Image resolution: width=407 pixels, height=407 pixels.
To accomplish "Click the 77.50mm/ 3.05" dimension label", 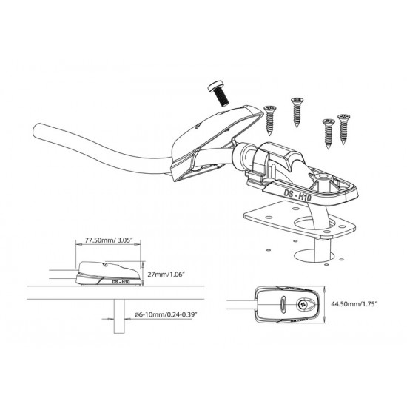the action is coord(109,240).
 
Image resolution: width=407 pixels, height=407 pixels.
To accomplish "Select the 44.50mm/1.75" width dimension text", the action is coord(354,304).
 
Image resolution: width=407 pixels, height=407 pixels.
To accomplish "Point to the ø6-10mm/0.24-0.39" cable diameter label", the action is coord(166,314).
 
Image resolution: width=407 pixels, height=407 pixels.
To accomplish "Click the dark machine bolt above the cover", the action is coord(218,93).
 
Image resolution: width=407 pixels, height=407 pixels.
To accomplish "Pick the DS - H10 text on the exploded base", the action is coord(297,195).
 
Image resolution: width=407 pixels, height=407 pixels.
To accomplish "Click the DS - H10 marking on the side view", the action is coord(121,282).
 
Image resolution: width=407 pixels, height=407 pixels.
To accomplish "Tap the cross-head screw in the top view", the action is coord(302,304).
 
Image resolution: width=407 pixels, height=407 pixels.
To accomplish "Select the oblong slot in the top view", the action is coord(283,304).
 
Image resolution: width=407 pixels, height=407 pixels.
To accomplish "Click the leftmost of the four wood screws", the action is coord(270,120).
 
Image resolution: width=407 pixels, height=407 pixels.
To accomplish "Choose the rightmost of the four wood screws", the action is coord(344,129).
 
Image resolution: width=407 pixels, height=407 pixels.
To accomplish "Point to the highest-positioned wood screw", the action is coord(297,112).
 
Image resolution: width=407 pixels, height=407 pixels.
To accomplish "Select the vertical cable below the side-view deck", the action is coord(119,317).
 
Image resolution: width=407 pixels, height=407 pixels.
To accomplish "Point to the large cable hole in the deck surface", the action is coord(313,256).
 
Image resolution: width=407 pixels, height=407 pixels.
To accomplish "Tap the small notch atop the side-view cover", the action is coord(105,265).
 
